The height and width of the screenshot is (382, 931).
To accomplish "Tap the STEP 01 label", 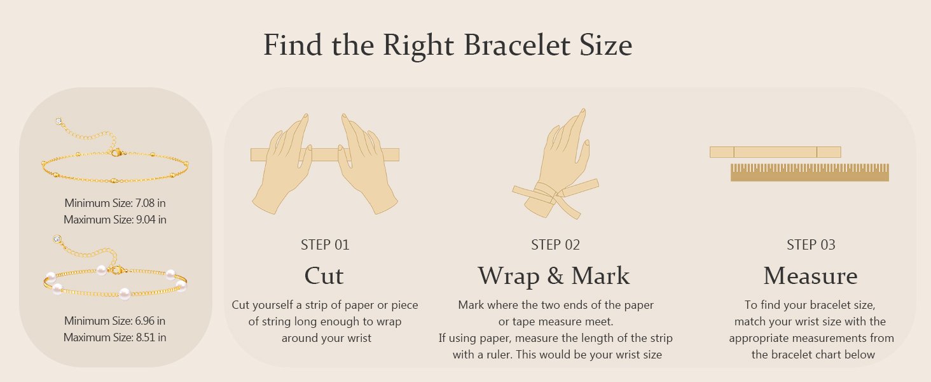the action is coord(325,244).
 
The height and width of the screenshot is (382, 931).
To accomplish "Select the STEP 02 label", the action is coord(555,244).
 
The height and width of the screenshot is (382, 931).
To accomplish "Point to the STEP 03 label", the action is coord(811,244).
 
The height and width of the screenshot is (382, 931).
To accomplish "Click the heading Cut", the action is coord(324,276).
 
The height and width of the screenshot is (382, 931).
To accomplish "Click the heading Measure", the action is coord(810,276).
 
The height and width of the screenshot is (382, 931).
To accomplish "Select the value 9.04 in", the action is coord(151,220).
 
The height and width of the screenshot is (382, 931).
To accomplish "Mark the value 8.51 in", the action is coord(151,337).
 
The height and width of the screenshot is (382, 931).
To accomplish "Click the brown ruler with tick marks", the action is coord(810,173).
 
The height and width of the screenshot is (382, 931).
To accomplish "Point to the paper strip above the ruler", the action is coord(775,152).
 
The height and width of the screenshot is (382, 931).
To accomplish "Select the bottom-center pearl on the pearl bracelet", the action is coord(124,294).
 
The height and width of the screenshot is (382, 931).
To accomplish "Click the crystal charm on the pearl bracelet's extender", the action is coord(57,239).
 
